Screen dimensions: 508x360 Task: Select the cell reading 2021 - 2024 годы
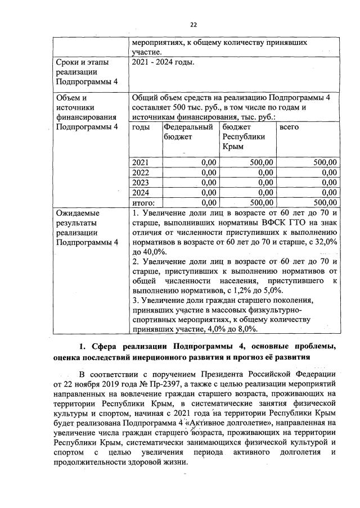163,62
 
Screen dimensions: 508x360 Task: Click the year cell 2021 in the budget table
141,162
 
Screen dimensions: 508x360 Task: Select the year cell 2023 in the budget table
141,182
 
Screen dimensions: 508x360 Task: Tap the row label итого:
143,202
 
